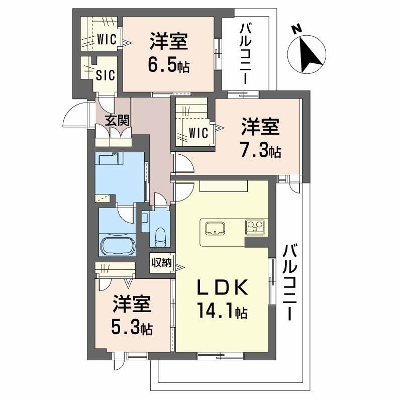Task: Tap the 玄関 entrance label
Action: tap(118, 120)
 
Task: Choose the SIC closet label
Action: tap(106, 75)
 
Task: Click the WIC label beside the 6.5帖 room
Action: tap(107, 39)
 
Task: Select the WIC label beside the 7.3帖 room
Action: tap(198, 133)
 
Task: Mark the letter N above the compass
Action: tap(296, 30)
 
